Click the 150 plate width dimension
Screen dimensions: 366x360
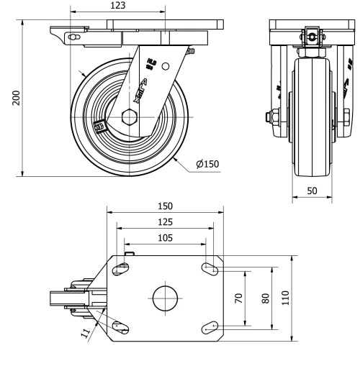(165, 206)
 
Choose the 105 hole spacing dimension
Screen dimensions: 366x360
(165, 237)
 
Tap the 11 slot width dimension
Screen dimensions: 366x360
(86, 332)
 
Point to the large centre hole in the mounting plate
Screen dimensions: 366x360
(165, 298)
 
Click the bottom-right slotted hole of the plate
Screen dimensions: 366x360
(210, 327)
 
